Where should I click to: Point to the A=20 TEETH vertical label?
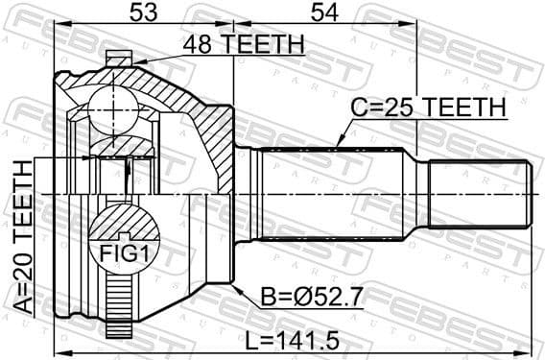(22, 238)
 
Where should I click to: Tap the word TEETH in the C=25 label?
(464, 109)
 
